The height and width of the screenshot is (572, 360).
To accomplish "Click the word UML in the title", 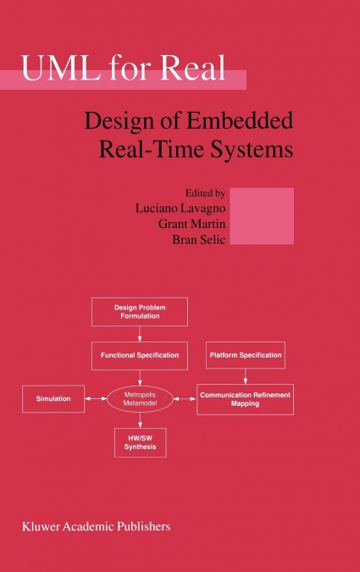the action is tap(61, 68).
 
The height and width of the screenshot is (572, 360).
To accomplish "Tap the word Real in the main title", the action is tap(192, 68).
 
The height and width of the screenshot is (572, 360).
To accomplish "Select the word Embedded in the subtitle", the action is tap(240, 120).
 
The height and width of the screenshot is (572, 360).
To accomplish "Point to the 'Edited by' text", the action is tap(205, 193).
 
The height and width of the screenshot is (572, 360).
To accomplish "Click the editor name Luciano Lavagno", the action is tap(180, 208).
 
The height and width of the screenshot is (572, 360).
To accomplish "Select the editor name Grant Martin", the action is tap(191, 224).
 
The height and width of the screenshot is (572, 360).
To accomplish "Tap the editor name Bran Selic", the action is tap(199, 239).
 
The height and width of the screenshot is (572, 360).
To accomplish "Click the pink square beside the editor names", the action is tap(262, 216).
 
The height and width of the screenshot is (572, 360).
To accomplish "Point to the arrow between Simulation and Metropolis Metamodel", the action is tap(96, 399).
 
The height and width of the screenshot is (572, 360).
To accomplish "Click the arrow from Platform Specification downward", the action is tap(245, 376).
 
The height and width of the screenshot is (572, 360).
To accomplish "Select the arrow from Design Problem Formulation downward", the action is tap(140, 334).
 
